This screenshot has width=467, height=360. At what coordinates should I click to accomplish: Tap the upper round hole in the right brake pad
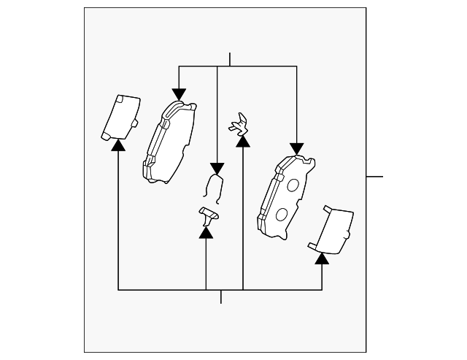click(x=293, y=185)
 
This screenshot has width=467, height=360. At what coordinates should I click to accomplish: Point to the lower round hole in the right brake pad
click(x=280, y=215)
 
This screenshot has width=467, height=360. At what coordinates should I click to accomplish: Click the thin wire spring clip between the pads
click(x=214, y=186)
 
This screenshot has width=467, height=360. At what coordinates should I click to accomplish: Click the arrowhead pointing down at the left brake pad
click(x=179, y=94)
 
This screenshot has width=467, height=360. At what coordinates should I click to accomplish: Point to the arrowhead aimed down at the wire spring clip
click(x=217, y=167)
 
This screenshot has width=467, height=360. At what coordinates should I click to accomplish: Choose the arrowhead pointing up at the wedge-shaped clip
click(x=206, y=232)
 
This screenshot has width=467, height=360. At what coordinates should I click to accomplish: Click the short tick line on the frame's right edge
click(x=374, y=176)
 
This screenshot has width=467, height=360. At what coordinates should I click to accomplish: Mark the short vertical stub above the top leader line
click(x=230, y=59)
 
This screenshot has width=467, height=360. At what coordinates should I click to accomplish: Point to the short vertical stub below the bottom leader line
click(x=221, y=296)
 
